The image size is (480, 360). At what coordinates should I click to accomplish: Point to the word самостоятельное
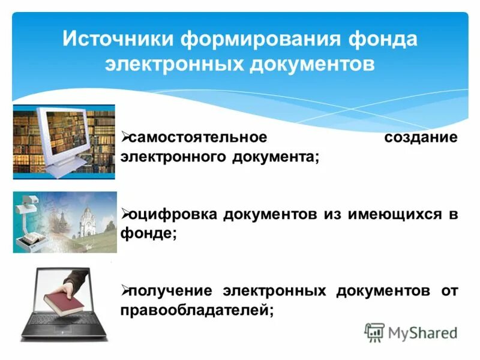click(x=198, y=137)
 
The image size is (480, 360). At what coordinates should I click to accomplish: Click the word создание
click(x=421, y=137)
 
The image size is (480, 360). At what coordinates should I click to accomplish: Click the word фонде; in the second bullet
click(x=149, y=234)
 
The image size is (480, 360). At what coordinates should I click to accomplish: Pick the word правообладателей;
click(x=197, y=311)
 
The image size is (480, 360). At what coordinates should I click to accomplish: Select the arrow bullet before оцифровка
click(x=125, y=214)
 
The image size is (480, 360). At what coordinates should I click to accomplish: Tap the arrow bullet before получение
click(x=125, y=291)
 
